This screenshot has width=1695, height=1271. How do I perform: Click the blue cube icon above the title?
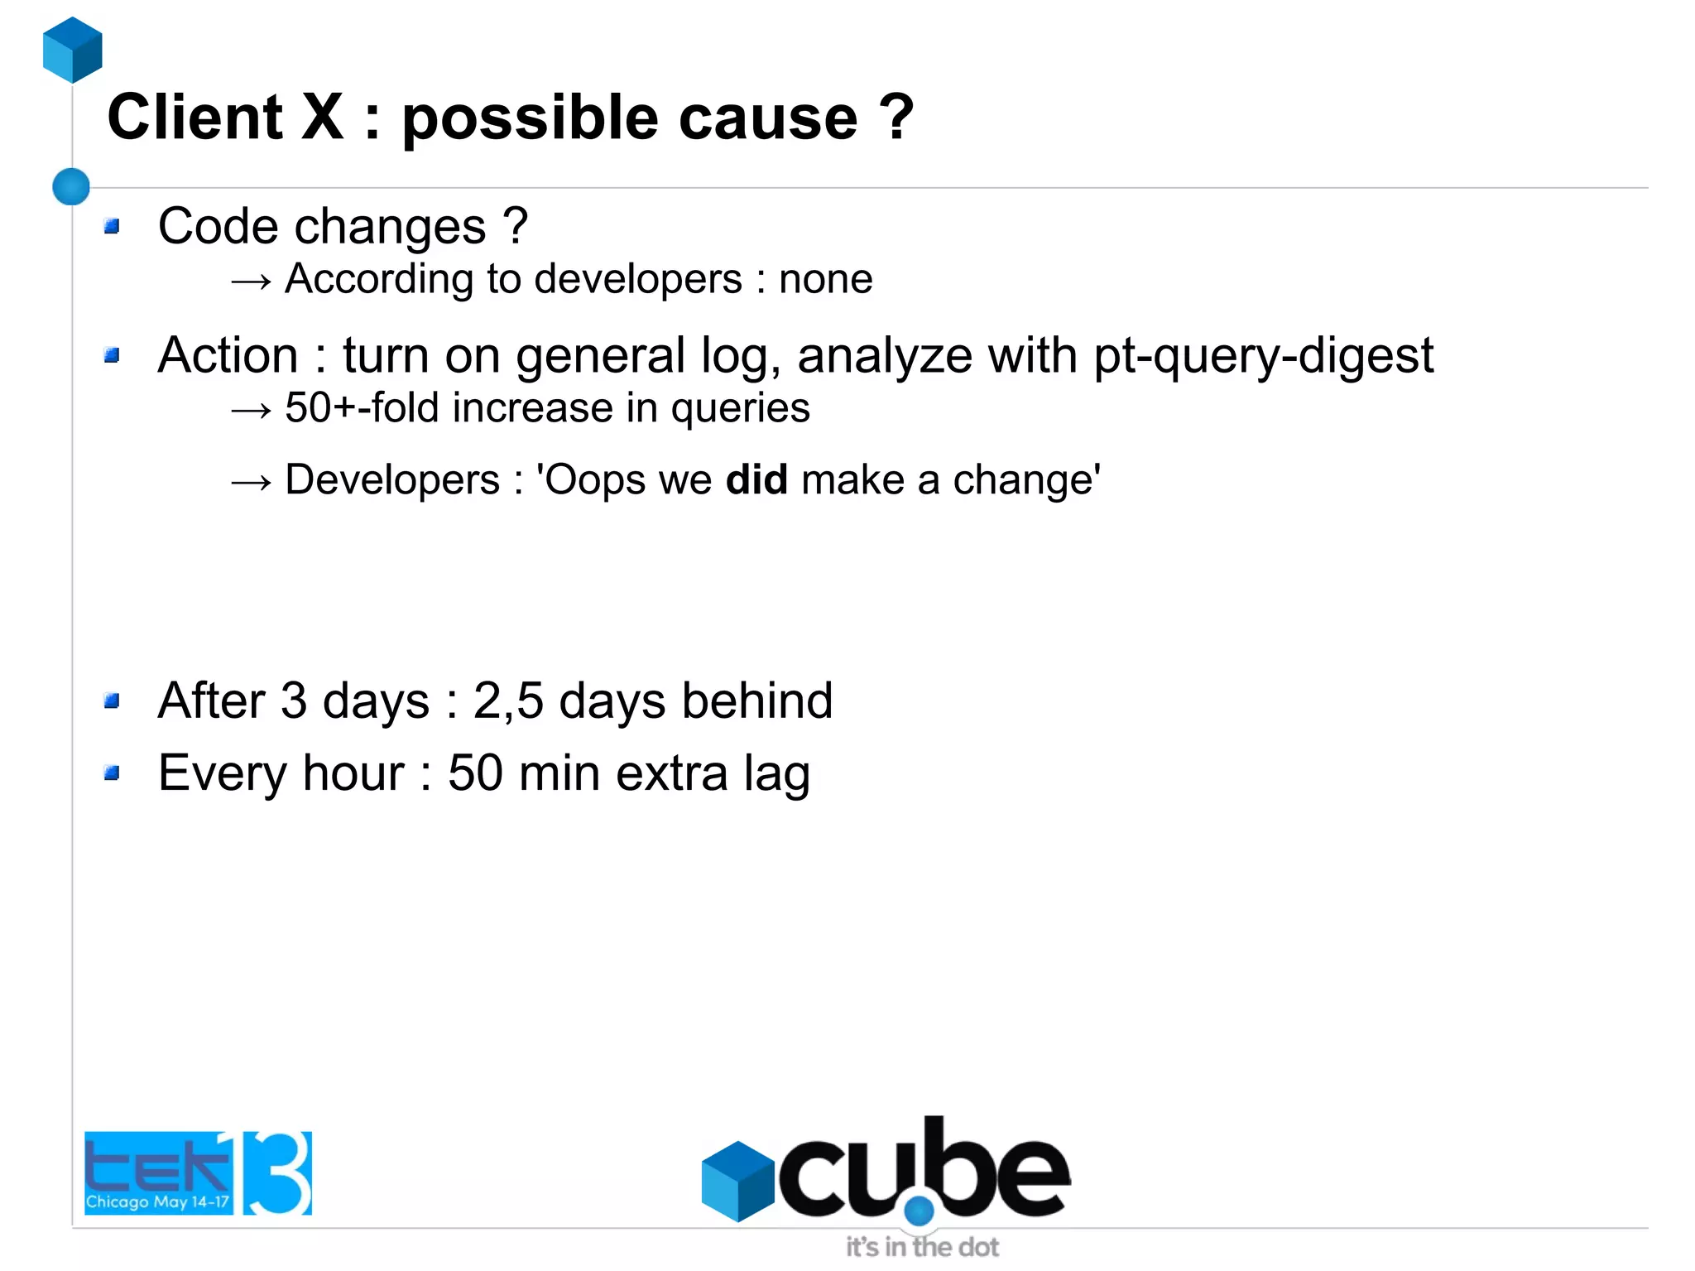[x=73, y=50]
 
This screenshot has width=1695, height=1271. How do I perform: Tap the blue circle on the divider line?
[x=71, y=186]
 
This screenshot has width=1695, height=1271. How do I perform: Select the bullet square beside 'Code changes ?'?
[x=113, y=226]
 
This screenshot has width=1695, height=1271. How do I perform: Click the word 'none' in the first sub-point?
[x=825, y=279]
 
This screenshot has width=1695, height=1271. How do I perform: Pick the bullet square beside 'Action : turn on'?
[x=113, y=355]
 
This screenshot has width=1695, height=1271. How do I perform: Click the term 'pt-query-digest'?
[x=1263, y=357]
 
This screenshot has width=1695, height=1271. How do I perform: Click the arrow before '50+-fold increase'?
[x=251, y=410]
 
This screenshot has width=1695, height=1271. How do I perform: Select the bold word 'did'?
[x=756, y=480]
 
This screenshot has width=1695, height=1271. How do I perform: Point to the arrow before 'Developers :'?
[x=251, y=482]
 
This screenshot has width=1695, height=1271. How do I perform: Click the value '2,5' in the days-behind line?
[x=508, y=701]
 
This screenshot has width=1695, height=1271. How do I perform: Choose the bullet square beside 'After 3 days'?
[x=113, y=701]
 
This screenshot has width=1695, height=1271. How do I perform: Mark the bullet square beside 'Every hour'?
[x=113, y=773]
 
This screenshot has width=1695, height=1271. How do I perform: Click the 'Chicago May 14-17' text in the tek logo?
[x=157, y=1201]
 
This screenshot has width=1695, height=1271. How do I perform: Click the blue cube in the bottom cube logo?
[x=737, y=1181]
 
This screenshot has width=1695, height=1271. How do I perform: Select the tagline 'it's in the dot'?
[x=922, y=1247]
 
